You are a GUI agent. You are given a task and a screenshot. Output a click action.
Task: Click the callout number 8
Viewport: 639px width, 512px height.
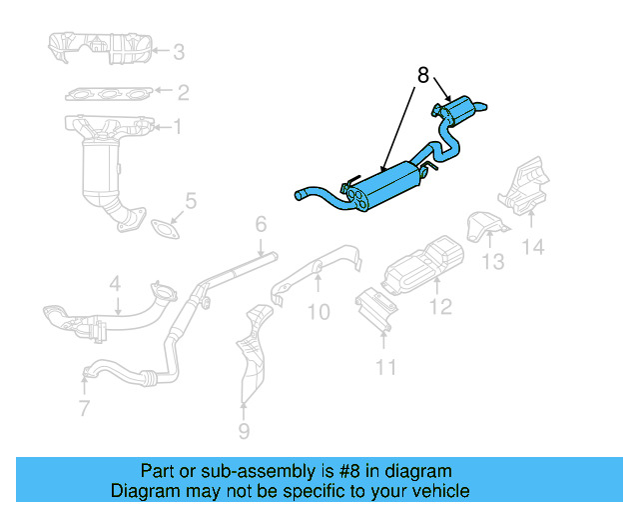click(x=422, y=75)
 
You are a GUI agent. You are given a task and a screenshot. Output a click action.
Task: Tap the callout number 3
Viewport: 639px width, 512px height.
click(x=178, y=52)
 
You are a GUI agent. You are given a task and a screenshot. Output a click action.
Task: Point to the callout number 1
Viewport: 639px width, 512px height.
click(x=178, y=127)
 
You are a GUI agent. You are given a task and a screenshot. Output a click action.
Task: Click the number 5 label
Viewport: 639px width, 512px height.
click(x=191, y=202)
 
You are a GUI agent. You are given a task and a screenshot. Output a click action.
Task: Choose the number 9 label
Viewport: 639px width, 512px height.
click(x=244, y=431)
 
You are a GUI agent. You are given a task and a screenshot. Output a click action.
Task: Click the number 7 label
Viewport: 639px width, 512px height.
click(x=84, y=408)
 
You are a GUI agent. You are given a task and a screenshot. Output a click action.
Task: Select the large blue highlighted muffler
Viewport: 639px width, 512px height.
click(x=385, y=187)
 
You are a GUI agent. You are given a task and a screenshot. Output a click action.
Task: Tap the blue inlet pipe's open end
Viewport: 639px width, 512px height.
click(x=299, y=195)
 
